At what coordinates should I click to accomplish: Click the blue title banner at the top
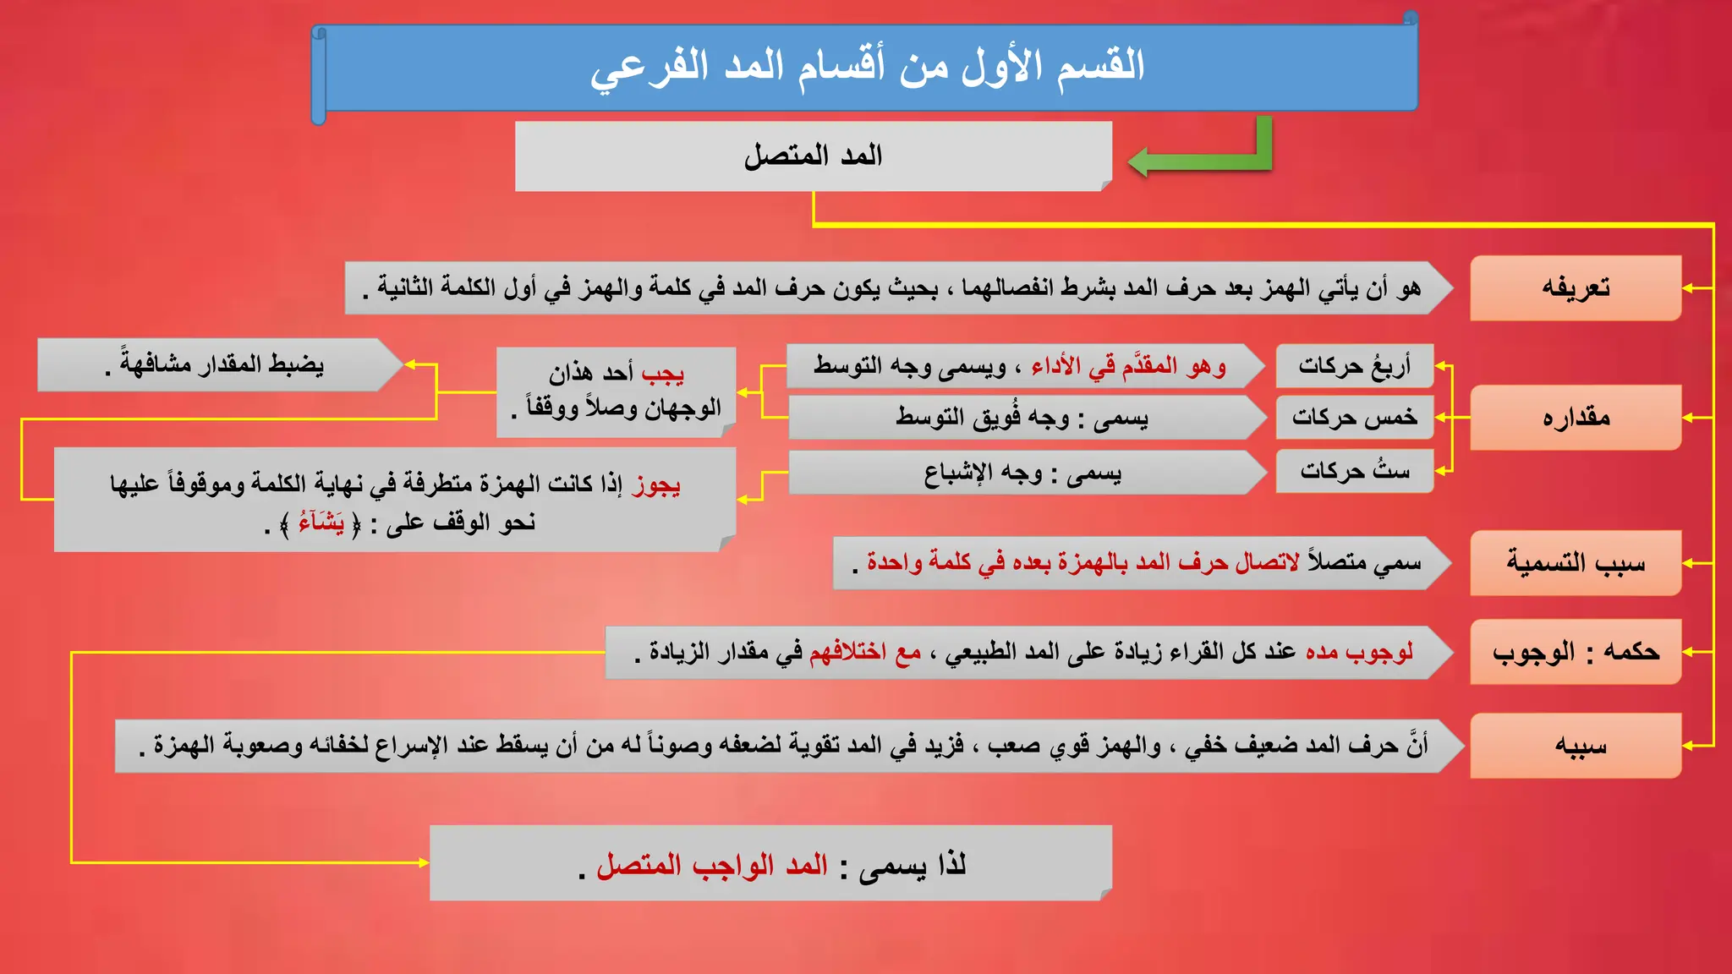tap(867, 67)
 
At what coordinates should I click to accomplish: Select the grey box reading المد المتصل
tap(813, 156)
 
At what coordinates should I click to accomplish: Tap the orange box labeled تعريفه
tap(1575, 288)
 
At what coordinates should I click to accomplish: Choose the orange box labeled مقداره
tap(1575, 418)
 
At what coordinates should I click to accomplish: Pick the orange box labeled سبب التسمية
tap(1575, 563)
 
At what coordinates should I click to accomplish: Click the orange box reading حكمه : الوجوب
tap(1575, 652)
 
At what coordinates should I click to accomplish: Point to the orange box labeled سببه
tap(1575, 746)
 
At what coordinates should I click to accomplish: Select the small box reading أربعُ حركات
tap(1354, 366)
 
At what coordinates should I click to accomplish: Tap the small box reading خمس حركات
tap(1354, 418)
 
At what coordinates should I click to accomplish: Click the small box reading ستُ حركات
tap(1354, 471)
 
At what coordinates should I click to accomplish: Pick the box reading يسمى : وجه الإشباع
tap(1022, 473)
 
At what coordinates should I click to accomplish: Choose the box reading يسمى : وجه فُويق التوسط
tap(1022, 418)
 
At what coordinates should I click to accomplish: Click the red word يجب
tap(663, 373)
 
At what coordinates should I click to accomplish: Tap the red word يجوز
tap(656, 484)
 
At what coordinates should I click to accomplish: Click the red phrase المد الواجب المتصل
tap(712, 865)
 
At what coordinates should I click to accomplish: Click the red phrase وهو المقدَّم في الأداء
tap(1128, 366)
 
